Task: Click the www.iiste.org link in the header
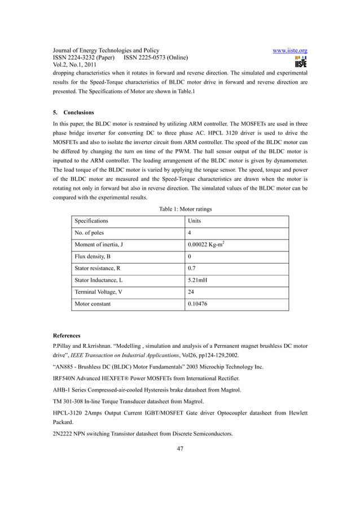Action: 289,50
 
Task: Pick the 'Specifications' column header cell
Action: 91,221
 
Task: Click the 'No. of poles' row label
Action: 89,233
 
